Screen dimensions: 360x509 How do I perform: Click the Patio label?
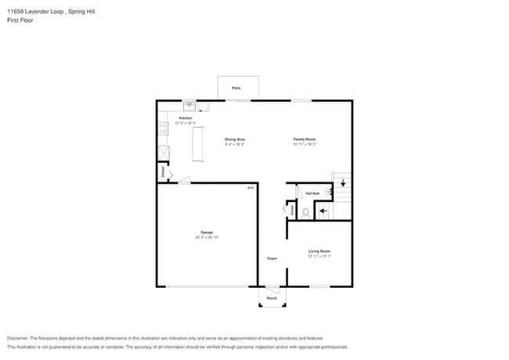[x=236, y=88]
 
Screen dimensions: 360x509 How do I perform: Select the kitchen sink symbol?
[x=190, y=105]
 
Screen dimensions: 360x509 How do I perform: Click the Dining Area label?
[x=235, y=139]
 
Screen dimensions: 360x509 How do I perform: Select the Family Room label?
[x=304, y=139]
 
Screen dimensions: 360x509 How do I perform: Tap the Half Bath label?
[x=312, y=193]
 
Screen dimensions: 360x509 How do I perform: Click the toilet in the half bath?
[x=306, y=211]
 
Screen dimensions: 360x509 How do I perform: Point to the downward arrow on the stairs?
[x=342, y=182]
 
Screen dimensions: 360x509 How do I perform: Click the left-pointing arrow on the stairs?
[x=323, y=211]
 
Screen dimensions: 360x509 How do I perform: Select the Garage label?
[x=207, y=232]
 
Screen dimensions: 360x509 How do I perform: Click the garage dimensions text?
[x=207, y=237]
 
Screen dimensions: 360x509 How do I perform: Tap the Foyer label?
[x=272, y=257]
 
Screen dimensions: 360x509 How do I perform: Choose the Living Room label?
[x=319, y=251]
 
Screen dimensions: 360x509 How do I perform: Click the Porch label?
[x=272, y=298]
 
